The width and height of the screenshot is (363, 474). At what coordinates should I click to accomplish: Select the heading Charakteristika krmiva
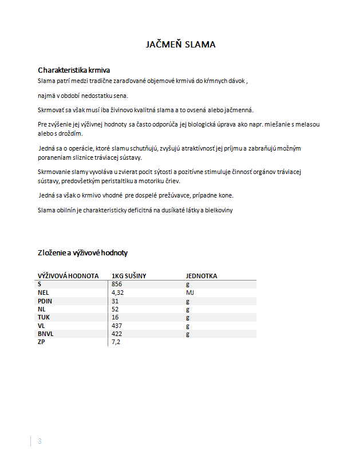click(x=74, y=70)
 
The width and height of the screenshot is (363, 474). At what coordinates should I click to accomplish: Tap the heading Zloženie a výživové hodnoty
click(x=82, y=252)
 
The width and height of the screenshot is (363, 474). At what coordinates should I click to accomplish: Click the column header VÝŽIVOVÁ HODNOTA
click(x=68, y=276)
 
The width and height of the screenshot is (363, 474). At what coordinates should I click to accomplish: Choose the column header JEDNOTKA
click(x=201, y=276)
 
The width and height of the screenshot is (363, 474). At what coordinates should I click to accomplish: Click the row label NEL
click(x=44, y=293)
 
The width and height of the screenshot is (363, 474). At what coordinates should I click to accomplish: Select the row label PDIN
click(x=45, y=301)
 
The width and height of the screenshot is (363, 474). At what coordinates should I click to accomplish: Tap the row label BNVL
click(x=46, y=334)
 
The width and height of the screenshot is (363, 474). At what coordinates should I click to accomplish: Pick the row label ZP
click(x=41, y=342)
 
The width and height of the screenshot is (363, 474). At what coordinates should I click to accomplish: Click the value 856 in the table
click(x=117, y=284)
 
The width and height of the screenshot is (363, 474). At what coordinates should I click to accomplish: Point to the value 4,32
click(x=119, y=293)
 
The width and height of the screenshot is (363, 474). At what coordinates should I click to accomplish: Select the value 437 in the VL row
click(x=117, y=325)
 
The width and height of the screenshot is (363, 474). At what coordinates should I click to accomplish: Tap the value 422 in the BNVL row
click(x=117, y=334)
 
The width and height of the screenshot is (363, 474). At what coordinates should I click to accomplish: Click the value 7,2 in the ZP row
click(x=116, y=342)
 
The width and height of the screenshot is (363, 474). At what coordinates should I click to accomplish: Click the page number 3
click(x=40, y=441)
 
